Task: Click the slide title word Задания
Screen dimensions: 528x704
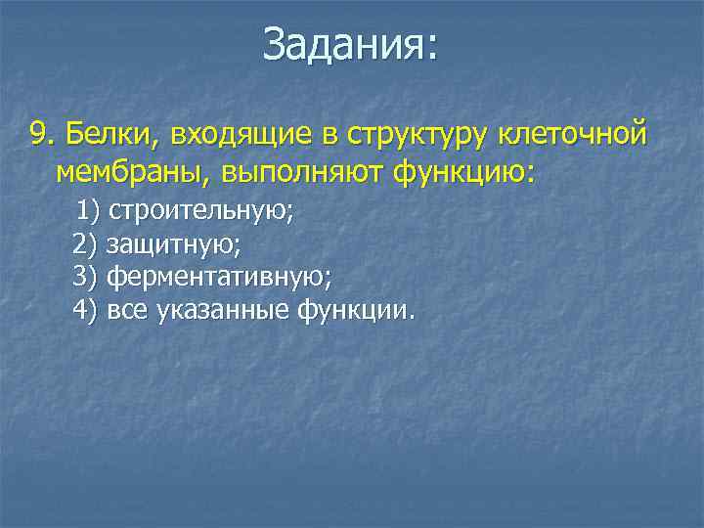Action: click(343, 47)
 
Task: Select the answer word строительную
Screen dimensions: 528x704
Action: click(200, 211)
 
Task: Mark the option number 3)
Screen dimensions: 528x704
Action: click(85, 278)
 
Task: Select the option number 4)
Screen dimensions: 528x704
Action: click(85, 311)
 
